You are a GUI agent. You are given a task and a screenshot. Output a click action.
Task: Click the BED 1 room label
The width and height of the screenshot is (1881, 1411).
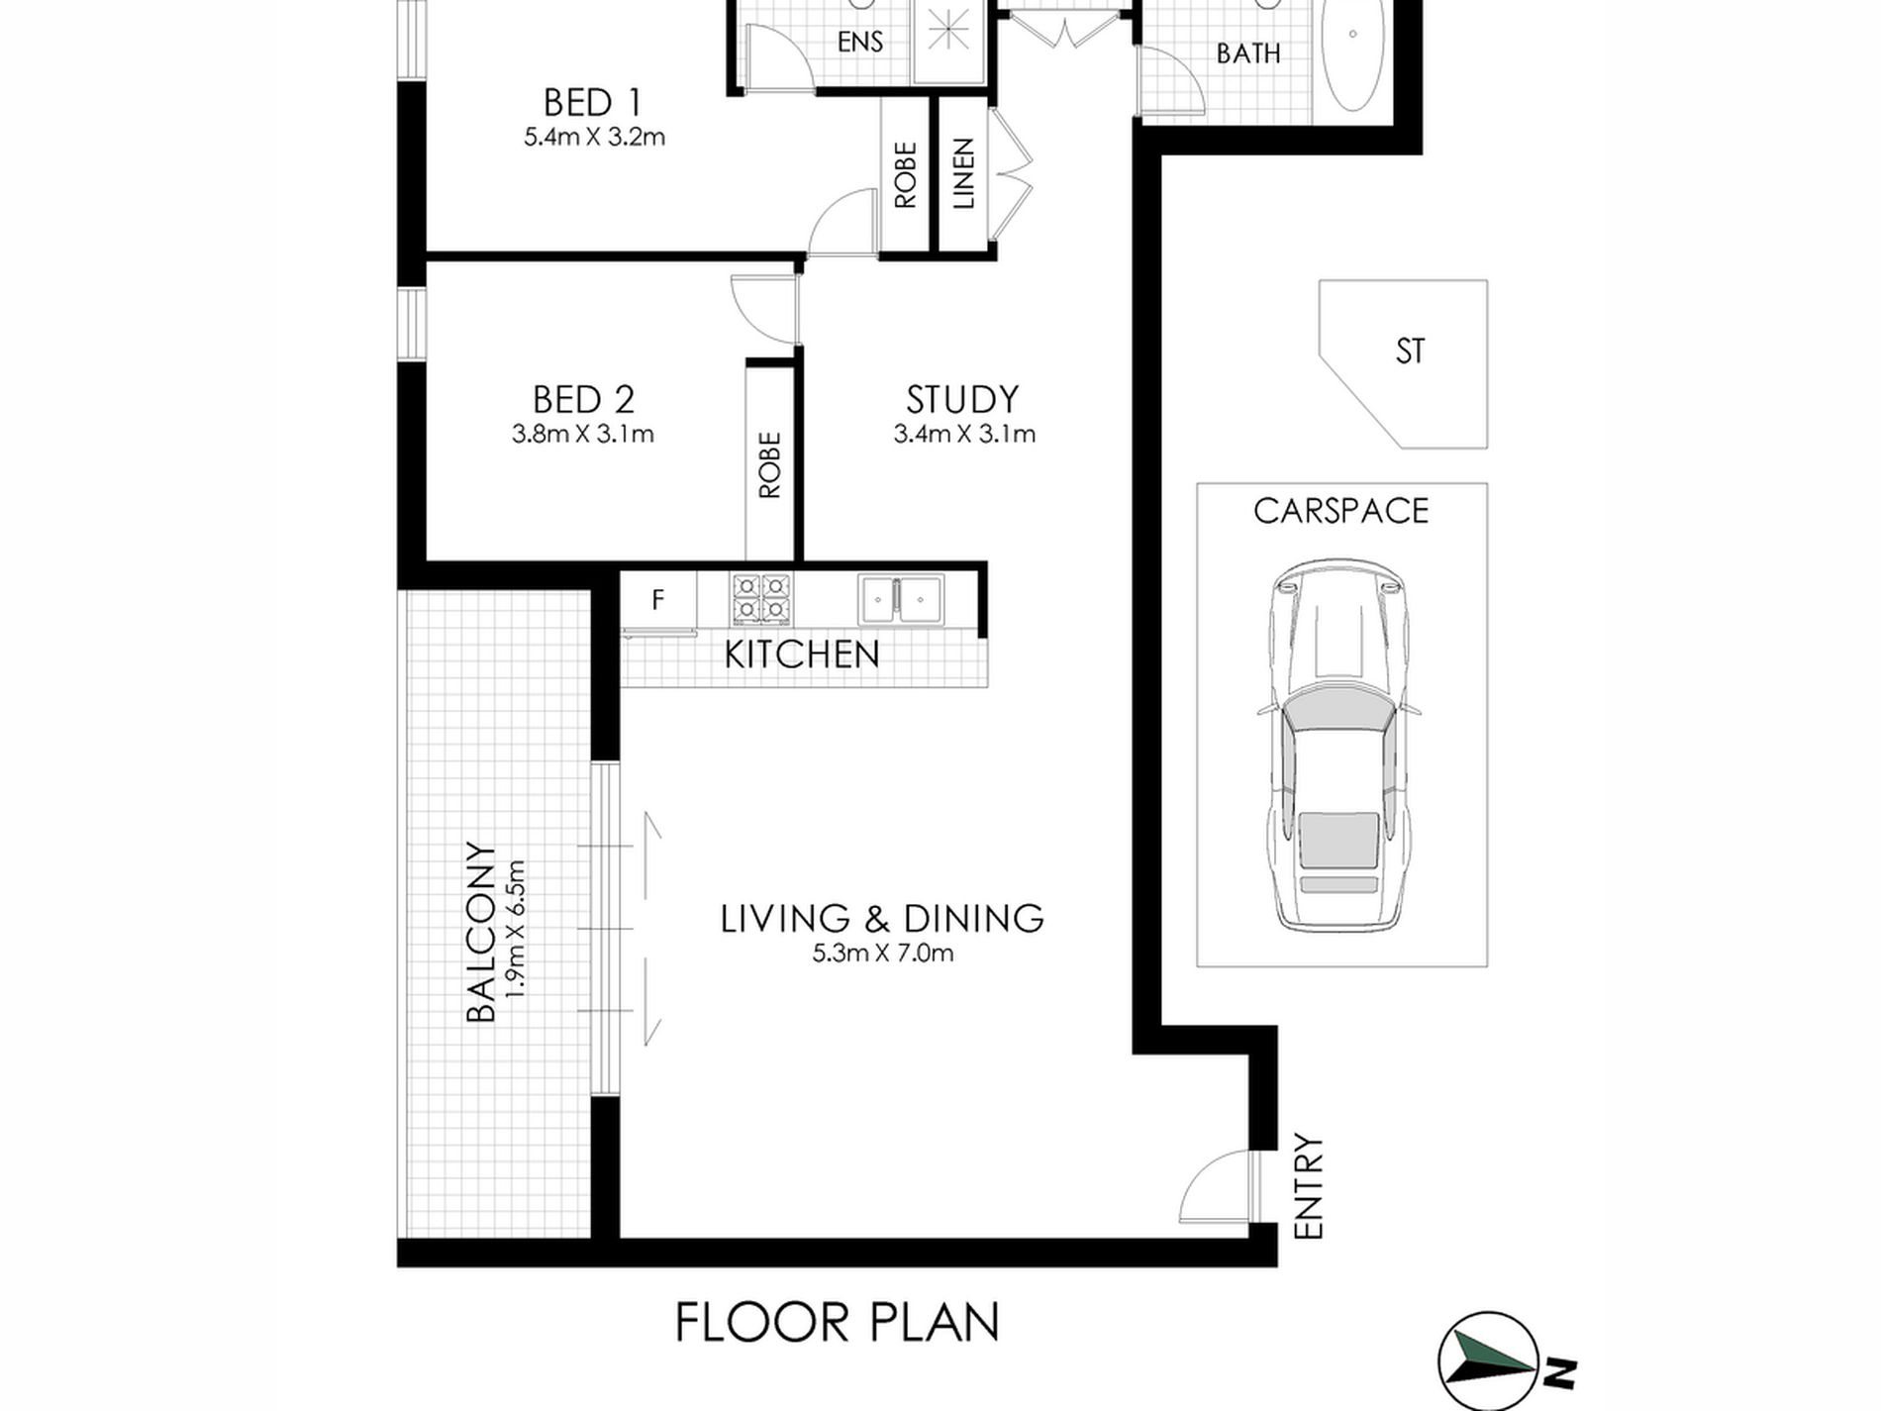(592, 103)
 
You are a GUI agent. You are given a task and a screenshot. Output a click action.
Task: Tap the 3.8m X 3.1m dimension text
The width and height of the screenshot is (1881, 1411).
(582, 434)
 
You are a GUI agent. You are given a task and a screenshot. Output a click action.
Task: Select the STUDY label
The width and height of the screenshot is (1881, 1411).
(962, 400)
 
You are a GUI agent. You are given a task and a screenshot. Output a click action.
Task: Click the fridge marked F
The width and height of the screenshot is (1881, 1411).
(658, 599)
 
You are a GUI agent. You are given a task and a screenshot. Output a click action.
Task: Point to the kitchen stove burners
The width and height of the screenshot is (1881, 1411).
(761, 599)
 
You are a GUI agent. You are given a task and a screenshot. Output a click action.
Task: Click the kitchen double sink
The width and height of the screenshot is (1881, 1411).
(901, 599)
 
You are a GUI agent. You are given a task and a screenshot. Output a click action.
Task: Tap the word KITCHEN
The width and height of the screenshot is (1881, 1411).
(801, 655)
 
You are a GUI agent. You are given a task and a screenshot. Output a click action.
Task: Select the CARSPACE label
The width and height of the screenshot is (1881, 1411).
(1340, 511)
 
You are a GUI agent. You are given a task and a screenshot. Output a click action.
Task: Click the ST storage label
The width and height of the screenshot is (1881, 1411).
(1410, 352)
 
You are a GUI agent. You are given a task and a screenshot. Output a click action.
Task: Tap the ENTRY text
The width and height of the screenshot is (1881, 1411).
(1309, 1186)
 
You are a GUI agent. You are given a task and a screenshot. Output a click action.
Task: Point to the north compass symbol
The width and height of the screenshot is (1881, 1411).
(1489, 1362)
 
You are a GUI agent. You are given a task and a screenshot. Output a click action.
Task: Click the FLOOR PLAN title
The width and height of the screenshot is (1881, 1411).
(837, 1323)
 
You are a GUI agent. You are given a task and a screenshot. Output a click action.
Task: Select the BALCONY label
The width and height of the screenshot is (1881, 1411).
(480, 932)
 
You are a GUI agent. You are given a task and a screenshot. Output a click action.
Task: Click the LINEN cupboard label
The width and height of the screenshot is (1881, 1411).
(963, 173)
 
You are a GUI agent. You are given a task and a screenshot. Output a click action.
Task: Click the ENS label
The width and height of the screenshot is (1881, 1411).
(859, 42)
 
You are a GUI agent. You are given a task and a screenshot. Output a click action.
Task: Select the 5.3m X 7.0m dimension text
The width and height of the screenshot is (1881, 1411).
(882, 954)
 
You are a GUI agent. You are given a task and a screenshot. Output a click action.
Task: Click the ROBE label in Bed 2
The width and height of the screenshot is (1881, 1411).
(769, 464)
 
